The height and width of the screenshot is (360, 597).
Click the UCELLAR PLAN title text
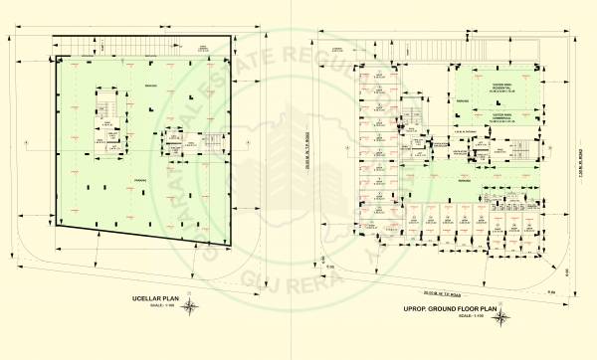155,297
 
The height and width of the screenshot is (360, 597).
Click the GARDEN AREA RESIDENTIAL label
495,86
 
